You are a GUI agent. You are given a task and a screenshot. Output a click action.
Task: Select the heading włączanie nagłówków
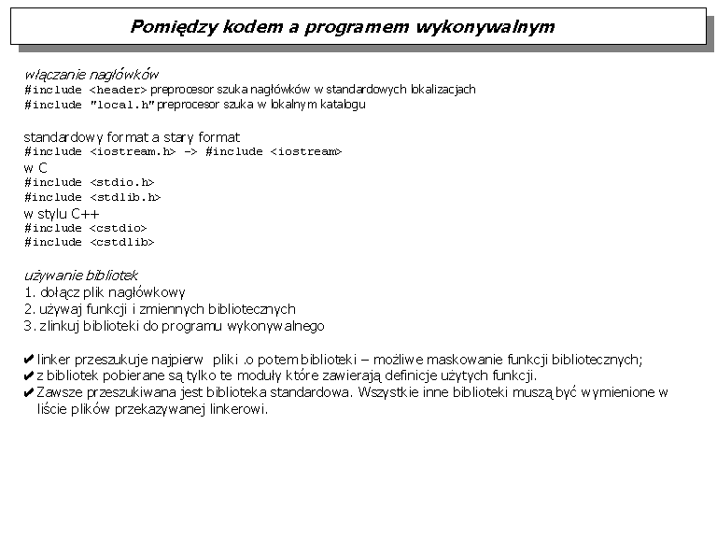tap(91, 74)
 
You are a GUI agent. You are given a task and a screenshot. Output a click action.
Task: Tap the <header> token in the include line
tap(118, 90)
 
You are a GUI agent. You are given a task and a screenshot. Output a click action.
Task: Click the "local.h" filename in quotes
tap(121, 105)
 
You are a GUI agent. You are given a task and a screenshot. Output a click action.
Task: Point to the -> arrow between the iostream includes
tap(190, 151)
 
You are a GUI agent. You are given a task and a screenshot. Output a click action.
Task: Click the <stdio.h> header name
tap(121, 183)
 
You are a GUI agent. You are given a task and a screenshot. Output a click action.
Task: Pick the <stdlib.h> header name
tap(125, 198)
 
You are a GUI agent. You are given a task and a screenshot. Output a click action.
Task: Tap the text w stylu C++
tap(62, 214)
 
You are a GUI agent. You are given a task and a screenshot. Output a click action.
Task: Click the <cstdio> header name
tap(118, 228)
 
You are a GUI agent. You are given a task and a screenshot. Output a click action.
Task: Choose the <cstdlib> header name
tap(121, 243)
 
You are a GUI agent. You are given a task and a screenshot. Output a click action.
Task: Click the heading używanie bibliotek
tap(81, 276)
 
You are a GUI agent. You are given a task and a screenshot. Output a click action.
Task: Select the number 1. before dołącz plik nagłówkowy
tap(29, 292)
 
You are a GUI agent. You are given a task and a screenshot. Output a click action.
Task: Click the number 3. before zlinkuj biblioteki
tap(29, 326)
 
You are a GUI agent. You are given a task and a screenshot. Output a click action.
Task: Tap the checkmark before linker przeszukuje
tap(29, 360)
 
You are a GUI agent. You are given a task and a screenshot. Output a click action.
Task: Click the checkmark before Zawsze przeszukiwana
tap(29, 393)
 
